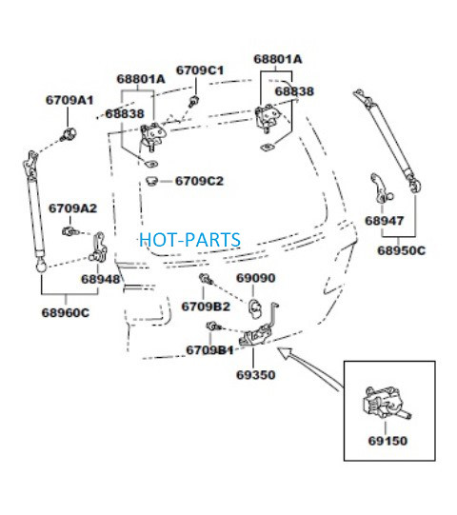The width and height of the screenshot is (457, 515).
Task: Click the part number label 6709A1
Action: click(70, 100)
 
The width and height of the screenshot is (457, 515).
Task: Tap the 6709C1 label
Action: click(200, 70)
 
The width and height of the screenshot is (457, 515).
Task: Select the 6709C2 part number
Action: click(199, 181)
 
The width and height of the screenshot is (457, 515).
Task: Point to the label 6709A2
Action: click(72, 208)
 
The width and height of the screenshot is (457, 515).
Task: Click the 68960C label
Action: click(66, 312)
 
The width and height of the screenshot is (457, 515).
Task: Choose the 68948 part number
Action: click(101, 279)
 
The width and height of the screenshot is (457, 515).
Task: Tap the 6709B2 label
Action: click(206, 307)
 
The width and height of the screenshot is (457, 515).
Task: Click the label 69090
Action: click(256, 278)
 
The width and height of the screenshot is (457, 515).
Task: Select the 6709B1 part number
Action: click(209, 350)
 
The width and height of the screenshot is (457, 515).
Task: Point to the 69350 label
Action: click(256, 375)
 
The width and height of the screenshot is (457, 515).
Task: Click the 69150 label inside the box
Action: click(387, 441)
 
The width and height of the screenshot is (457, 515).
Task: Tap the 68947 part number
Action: click(384, 221)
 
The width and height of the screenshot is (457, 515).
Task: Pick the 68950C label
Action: click(401, 250)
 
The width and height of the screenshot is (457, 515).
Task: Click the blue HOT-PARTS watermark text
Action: click(189, 240)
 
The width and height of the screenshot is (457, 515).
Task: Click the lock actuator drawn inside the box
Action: click(387, 403)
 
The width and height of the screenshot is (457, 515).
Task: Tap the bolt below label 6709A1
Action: click(69, 134)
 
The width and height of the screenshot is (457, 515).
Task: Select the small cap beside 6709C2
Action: click(151, 181)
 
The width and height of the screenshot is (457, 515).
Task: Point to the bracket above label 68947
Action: click(381, 188)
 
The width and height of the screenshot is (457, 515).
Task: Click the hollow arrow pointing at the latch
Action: click(308, 369)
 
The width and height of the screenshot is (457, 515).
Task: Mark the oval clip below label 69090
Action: click(255, 309)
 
